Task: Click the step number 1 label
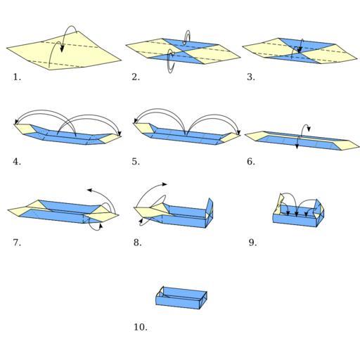click(17, 77)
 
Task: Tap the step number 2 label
click(136, 77)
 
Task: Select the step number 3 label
click(251, 77)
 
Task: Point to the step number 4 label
click(17, 162)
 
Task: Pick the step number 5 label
click(136, 162)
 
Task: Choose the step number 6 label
click(251, 162)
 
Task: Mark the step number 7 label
click(17, 243)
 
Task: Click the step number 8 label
click(138, 243)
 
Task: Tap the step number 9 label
click(252, 243)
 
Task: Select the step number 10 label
click(141, 327)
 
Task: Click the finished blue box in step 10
click(181, 297)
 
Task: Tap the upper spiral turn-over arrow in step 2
click(187, 37)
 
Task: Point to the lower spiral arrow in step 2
click(171, 61)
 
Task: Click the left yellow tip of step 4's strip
click(24, 129)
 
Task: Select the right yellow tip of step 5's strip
click(231, 138)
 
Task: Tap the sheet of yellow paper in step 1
click(64, 51)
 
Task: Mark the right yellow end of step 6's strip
click(347, 145)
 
